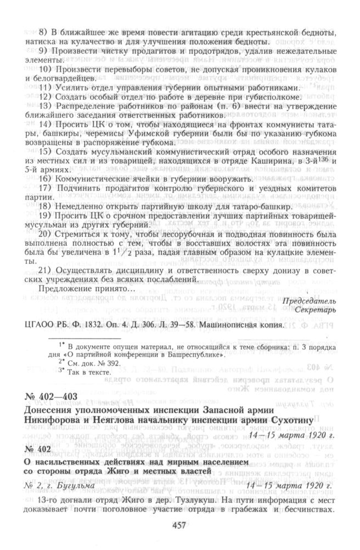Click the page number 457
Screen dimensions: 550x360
coord(180,525)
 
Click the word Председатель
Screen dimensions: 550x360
coord(310,301)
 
